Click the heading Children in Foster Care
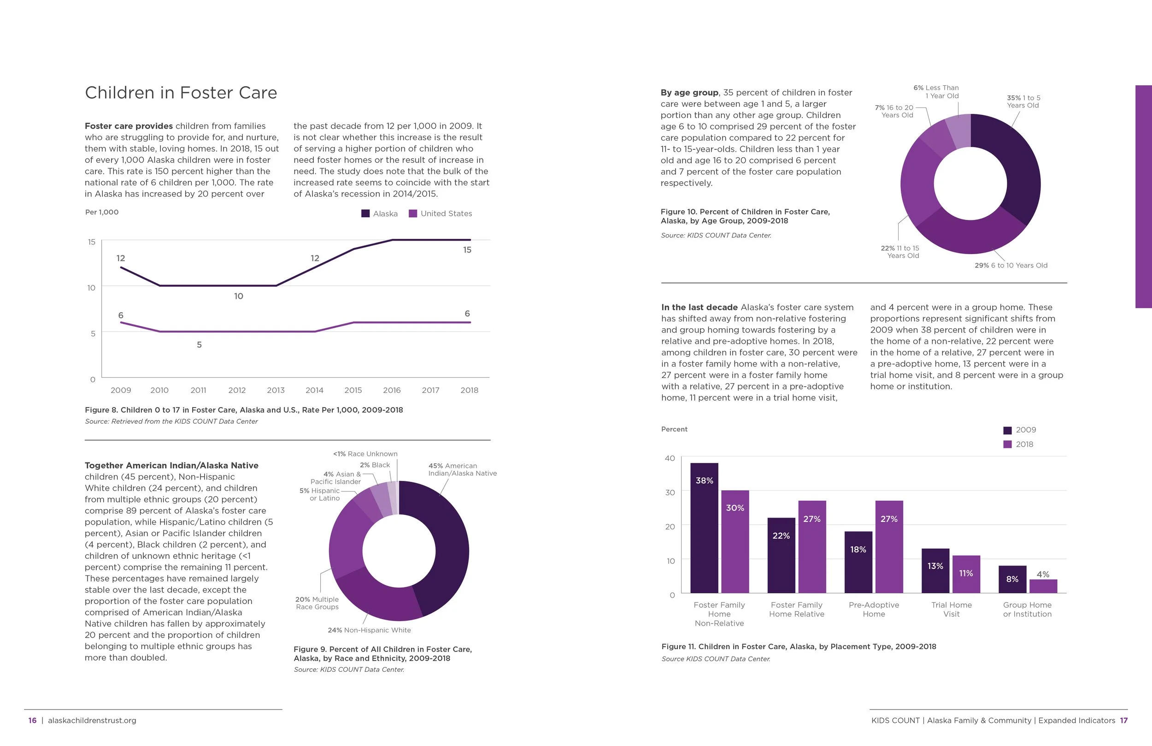pyautogui.click(x=181, y=93)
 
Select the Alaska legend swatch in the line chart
pyautogui.click(x=365, y=213)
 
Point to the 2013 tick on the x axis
pyautogui.click(x=276, y=390)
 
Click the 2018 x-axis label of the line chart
pyautogui.click(x=469, y=390)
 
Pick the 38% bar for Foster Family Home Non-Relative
pyautogui.click(x=704, y=528)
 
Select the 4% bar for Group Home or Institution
pyautogui.click(x=1043, y=586)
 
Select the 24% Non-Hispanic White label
pyautogui.click(x=369, y=630)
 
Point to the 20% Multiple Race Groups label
pyautogui.click(x=317, y=603)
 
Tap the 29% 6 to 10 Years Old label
pyautogui.click(x=1011, y=266)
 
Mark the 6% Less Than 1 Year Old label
pyautogui.click(x=936, y=92)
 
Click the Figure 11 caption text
pyautogui.click(x=799, y=647)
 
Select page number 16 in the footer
pyautogui.click(x=32, y=720)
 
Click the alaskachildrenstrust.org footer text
pyautogui.click(x=92, y=720)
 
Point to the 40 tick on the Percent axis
pyautogui.click(x=670, y=458)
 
